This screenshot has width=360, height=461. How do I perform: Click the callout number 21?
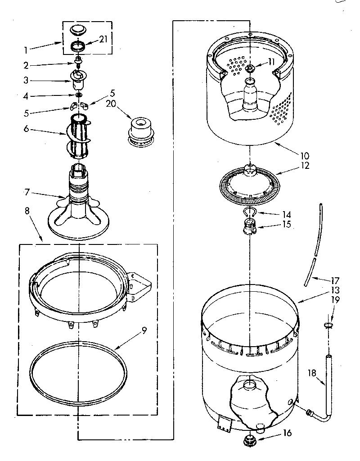click(103, 40)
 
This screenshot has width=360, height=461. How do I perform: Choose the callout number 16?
click(288, 433)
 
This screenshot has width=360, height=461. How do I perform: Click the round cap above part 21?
click(79, 30)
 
